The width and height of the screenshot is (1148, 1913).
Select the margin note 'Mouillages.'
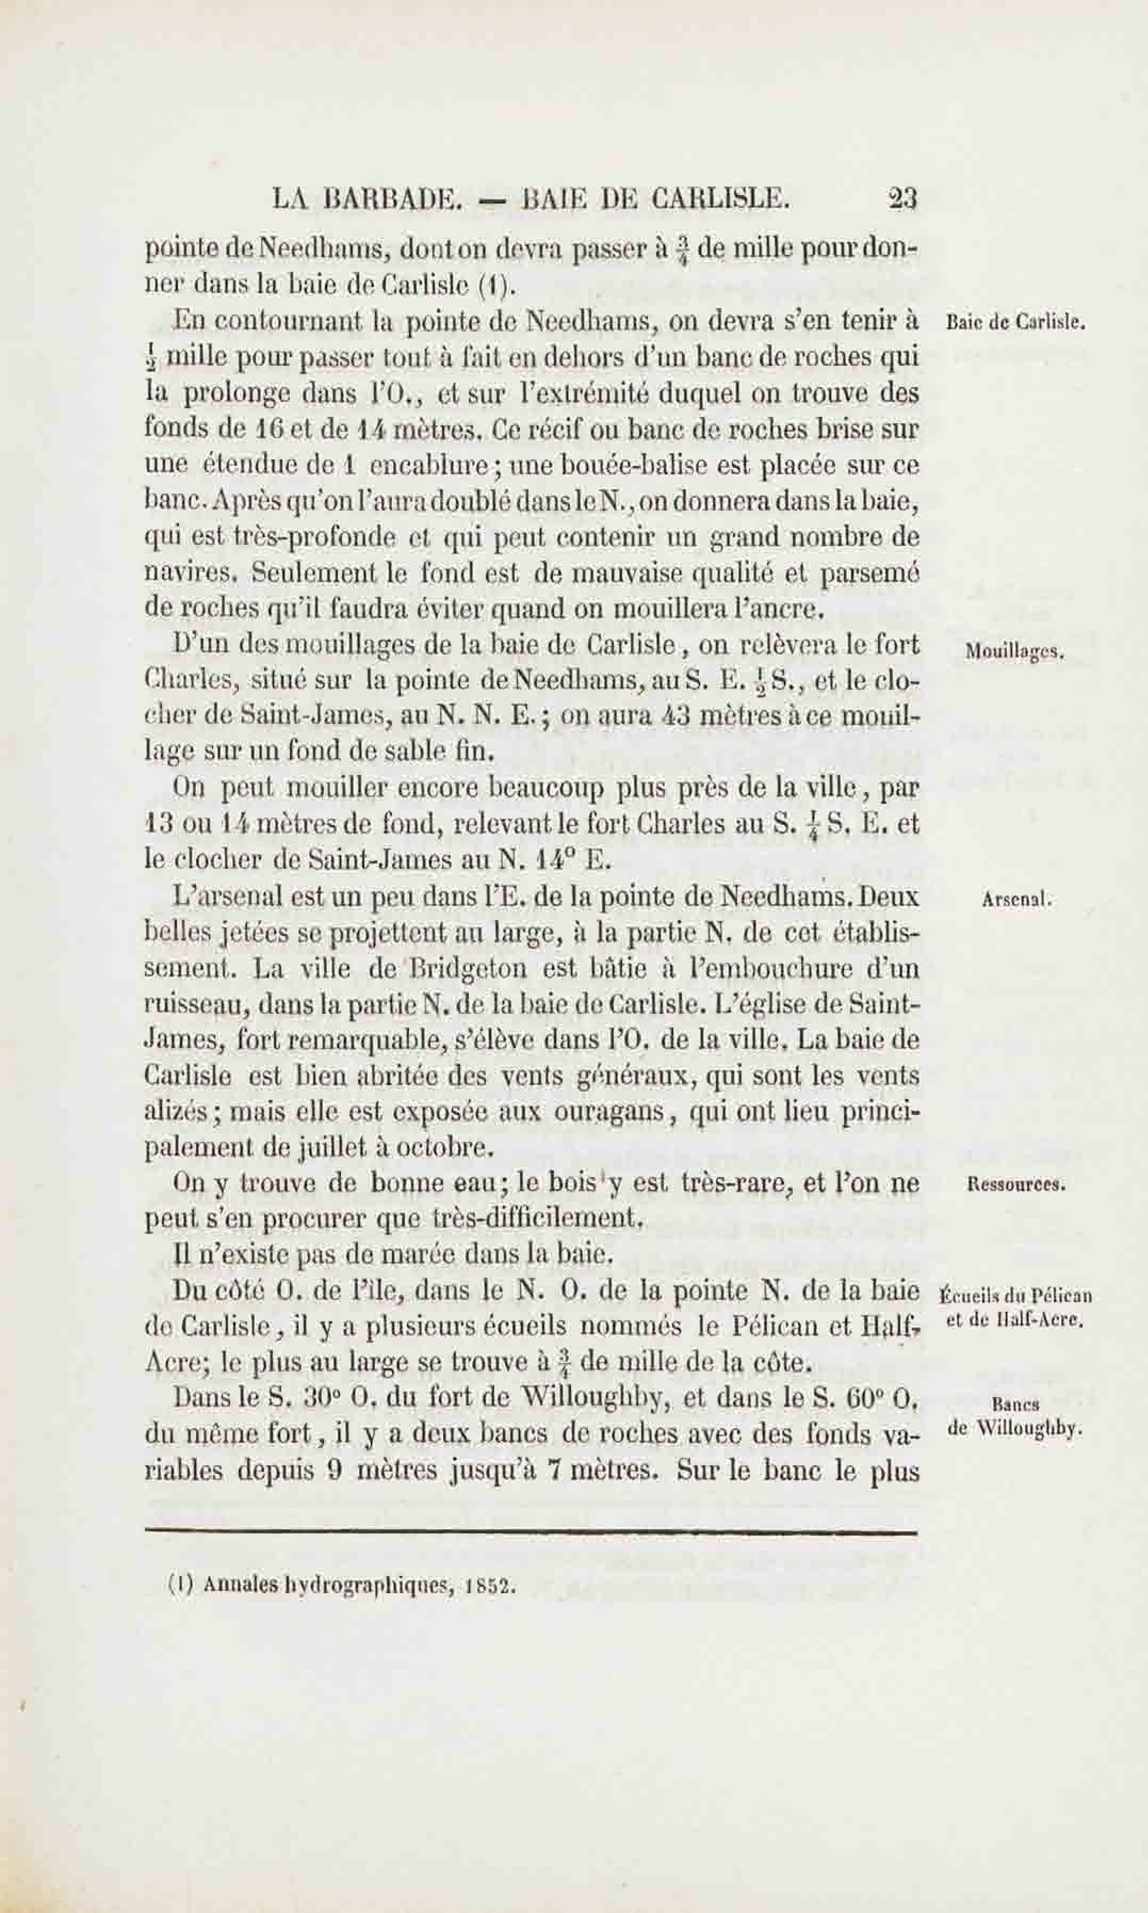(1015, 652)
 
